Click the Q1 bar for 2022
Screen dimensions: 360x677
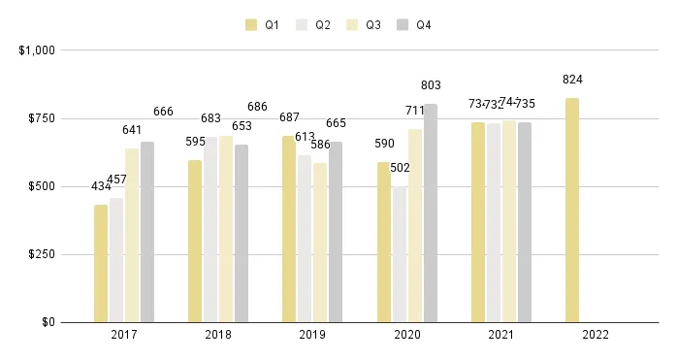click(572, 210)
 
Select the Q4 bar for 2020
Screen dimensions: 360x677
click(431, 213)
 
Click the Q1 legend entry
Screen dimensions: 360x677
click(262, 25)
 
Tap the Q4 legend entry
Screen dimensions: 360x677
click(413, 25)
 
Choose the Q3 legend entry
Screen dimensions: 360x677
click(363, 25)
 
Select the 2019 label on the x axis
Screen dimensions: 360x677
click(312, 337)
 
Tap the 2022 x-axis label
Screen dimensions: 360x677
click(595, 337)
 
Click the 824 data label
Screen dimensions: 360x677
click(572, 80)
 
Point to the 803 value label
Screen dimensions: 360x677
click(431, 85)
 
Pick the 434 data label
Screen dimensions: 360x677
click(101, 186)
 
